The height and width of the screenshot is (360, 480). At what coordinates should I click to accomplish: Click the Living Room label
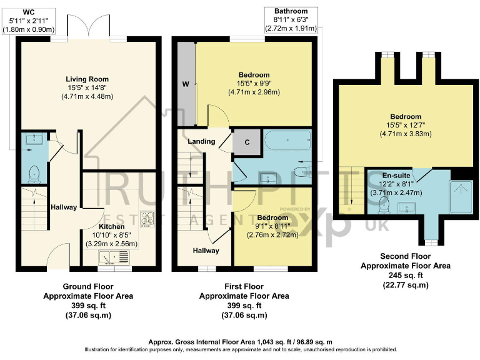click(x=87, y=79)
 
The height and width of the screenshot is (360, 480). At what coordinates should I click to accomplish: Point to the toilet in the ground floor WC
click(x=33, y=171)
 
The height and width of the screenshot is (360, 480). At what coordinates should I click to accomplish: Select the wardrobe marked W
click(x=186, y=84)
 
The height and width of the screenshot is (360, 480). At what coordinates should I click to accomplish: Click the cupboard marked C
click(x=246, y=142)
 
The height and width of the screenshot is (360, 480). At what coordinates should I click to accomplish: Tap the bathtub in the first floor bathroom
click(x=287, y=142)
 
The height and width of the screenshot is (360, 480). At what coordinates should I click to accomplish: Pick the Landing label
click(x=203, y=141)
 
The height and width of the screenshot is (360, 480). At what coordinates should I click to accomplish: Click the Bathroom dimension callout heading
click(x=291, y=11)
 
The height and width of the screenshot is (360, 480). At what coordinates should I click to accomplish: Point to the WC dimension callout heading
click(x=29, y=11)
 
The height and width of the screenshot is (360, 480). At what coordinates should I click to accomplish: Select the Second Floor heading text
click(x=399, y=256)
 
